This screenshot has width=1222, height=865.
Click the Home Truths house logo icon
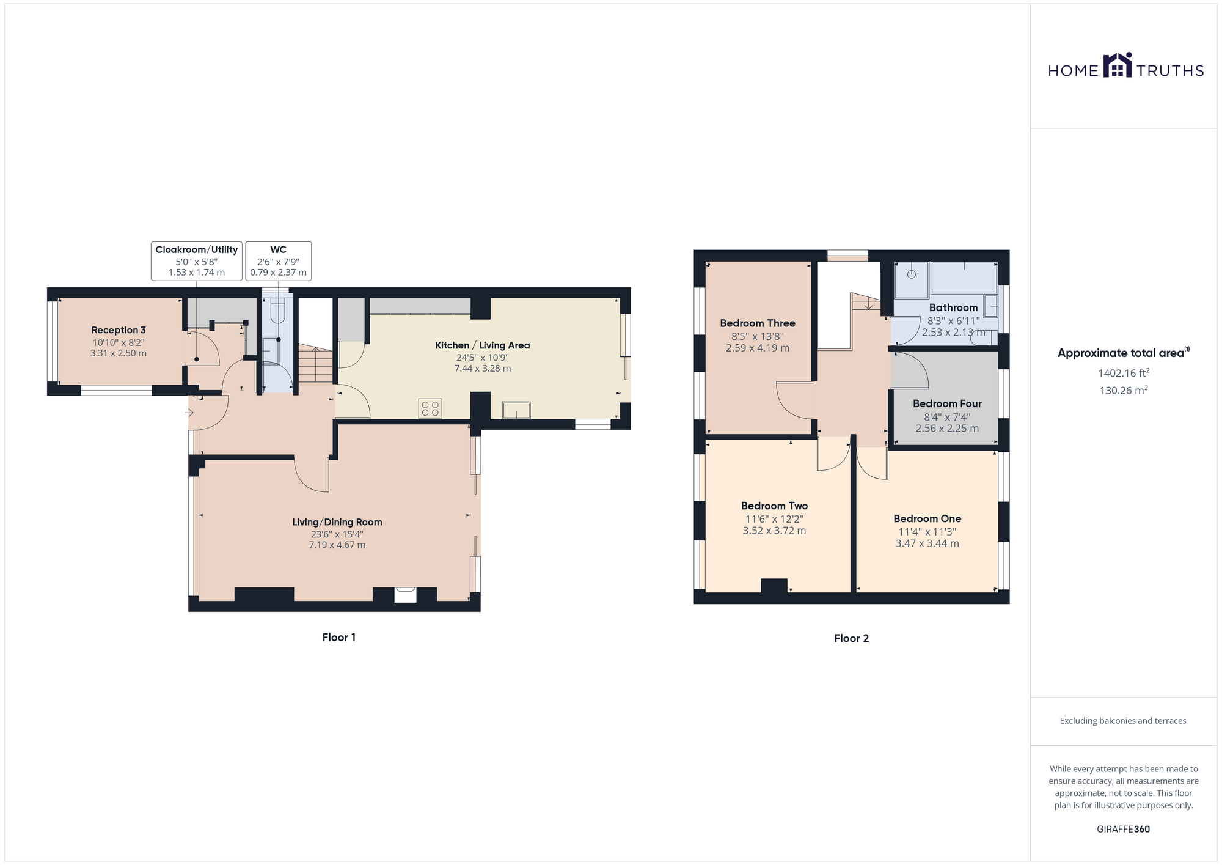pyautogui.click(x=1118, y=65)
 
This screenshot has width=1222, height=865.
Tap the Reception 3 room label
pyautogui.click(x=119, y=330)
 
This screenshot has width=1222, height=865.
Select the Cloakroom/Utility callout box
pyautogui.click(x=197, y=261)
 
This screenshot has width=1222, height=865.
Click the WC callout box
pyautogui.click(x=279, y=261)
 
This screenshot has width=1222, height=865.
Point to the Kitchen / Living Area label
pyautogui.click(x=483, y=345)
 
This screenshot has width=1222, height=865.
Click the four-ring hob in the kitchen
pyautogui.click(x=430, y=408)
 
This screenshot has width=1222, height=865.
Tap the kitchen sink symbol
pyautogui.click(x=516, y=410)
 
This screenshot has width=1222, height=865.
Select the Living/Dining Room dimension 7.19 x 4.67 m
pyautogui.click(x=337, y=545)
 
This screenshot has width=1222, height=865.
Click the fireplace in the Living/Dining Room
pyautogui.click(x=405, y=594)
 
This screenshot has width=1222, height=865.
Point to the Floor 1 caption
pyautogui.click(x=339, y=637)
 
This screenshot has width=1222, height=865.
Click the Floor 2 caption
pyautogui.click(x=851, y=638)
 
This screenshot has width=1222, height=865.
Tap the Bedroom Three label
pyautogui.click(x=758, y=323)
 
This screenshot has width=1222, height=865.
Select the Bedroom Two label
pyautogui.click(x=774, y=506)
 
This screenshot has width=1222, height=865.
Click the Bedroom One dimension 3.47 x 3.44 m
pyautogui.click(x=927, y=543)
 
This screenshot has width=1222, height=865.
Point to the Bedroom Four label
pyautogui.click(x=947, y=403)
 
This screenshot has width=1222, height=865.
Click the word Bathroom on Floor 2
pyautogui.click(x=953, y=307)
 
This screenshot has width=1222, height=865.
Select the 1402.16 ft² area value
pyautogui.click(x=1124, y=372)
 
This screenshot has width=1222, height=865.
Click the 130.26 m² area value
pyautogui.click(x=1124, y=390)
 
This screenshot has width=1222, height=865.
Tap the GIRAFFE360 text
pyautogui.click(x=1123, y=830)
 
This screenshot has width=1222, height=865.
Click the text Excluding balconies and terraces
pyautogui.click(x=1123, y=721)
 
